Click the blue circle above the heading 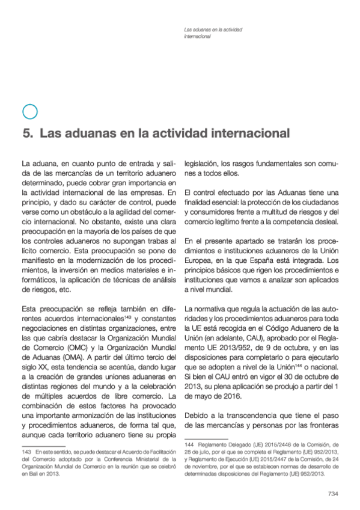tap(29, 111)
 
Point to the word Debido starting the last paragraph tap(198, 416)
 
